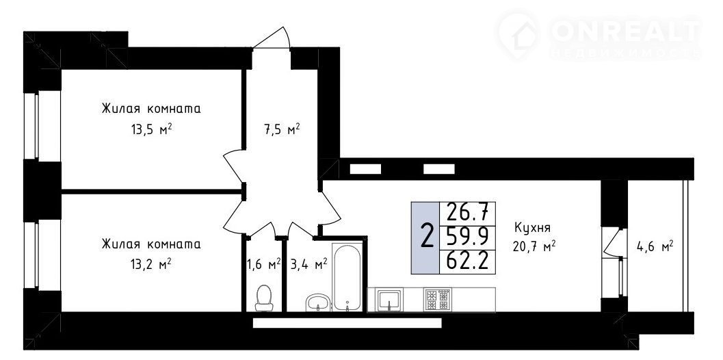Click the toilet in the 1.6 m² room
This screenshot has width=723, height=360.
pos(264,298)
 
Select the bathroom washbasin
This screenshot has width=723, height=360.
pos(317,303)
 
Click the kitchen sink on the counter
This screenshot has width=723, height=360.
pos(389,300)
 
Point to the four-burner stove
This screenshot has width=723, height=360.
pos(436,300)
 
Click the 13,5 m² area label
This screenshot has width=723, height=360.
pos(150,130)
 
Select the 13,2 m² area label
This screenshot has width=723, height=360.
pos(150,264)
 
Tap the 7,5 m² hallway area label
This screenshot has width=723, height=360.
pos(282,129)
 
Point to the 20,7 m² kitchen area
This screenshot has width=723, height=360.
pos(534,247)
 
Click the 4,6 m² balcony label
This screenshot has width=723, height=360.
pos(655,247)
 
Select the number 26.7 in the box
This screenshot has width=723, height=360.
pos(468,213)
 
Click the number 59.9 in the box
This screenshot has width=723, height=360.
pos(468,237)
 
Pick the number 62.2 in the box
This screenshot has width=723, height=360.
pos(468,261)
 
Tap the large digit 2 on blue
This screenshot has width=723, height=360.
pos(427,236)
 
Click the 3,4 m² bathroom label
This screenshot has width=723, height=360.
pos(309,264)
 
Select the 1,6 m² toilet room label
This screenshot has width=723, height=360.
pos(264,264)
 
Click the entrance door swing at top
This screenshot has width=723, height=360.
pos(273,38)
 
